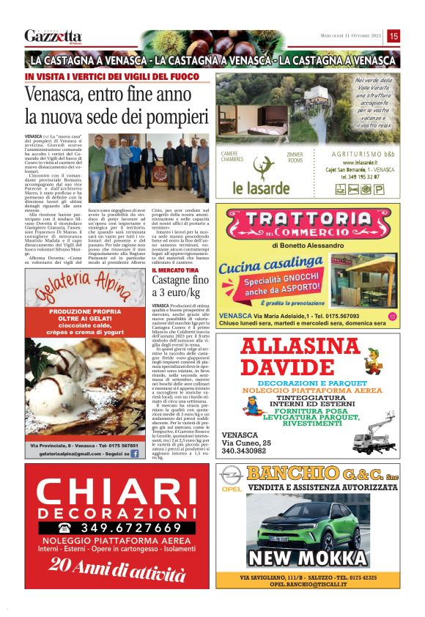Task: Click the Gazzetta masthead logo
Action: (x=53, y=36)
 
